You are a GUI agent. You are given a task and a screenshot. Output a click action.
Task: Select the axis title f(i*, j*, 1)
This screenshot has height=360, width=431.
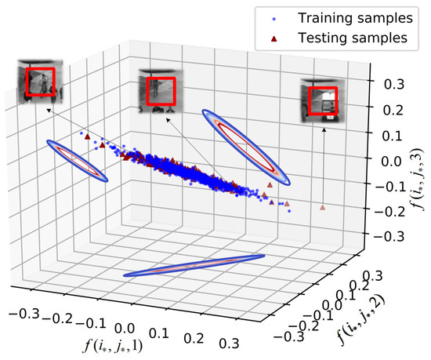click(116, 342)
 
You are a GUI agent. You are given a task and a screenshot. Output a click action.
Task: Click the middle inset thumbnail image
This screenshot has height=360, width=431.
click(160, 89)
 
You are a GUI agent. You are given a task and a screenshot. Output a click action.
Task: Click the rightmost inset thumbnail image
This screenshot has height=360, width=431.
click(323, 97)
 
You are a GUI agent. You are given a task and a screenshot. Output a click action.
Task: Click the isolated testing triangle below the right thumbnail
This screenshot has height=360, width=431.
click(322, 207)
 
